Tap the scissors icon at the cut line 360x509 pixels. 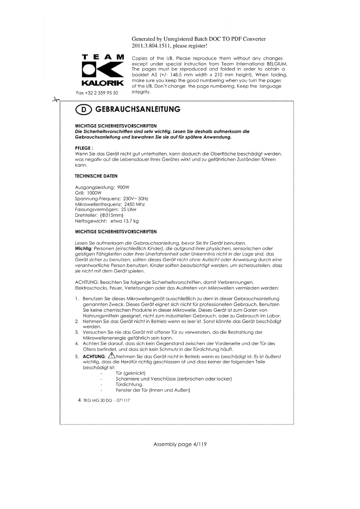pos(55,100)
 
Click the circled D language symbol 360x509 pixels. pos(84,109)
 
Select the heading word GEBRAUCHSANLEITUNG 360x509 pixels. pos(138,109)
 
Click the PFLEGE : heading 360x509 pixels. pos(84,148)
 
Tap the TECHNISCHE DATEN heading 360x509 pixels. pos(96,176)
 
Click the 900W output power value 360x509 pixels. pos(123,187)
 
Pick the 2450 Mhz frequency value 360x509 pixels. pos(134,204)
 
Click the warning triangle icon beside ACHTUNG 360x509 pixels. pos(111,356)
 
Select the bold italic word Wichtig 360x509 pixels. pos(83,249)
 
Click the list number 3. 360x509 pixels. pos(77,332)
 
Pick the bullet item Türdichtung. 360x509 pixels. pos(129,385)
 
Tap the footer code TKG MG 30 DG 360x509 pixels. pos(97,400)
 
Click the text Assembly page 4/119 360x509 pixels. pos(180,444)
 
